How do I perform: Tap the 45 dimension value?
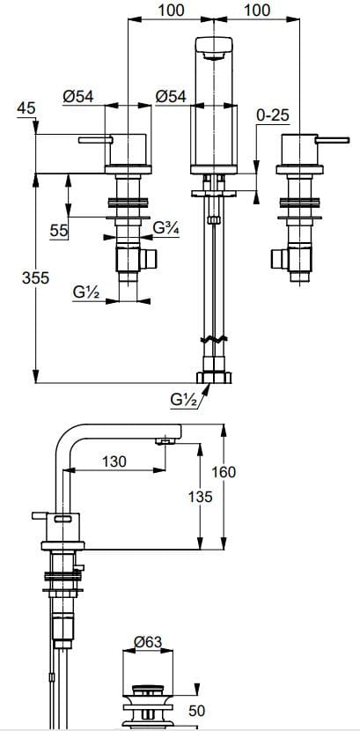pyautogui.click(x=26, y=107)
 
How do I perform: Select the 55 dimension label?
pyautogui.click(x=59, y=230)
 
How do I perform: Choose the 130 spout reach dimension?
pyautogui.click(x=115, y=461)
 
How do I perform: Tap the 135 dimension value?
pyautogui.click(x=202, y=497)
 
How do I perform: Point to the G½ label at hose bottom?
pyautogui.click(x=185, y=399)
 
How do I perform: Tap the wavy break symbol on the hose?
pyautogui.click(x=212, y=341)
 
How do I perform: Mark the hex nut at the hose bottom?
pyautogui.click(x=213, y=378)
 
